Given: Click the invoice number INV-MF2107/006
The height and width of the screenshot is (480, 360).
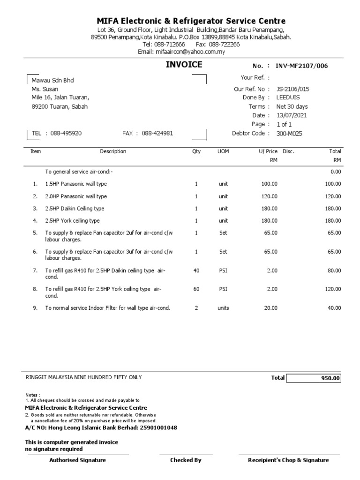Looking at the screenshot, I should click(x=302, y=66).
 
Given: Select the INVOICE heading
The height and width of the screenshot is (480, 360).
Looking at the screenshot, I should click(x=184, y=65).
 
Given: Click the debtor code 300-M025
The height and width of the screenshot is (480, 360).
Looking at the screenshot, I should click(x=289, y=134).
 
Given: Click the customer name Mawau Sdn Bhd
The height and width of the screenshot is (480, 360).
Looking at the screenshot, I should click(x=52, y=81).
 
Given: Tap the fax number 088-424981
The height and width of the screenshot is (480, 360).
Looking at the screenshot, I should click(x=157, y=133).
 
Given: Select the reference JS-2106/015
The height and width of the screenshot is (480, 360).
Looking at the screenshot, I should click(x=293, y=89).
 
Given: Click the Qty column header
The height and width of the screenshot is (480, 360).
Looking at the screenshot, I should click(x=196, y=151).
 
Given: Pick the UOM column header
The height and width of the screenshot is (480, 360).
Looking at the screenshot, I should click(x=223, y=151).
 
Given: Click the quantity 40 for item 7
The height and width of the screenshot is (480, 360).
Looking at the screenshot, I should click(x=196, y=270).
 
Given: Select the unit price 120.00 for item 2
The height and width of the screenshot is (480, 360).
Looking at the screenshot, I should click(x=269, y=196).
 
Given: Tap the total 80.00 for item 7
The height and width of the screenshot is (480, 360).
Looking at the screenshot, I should click(x=334, y=270).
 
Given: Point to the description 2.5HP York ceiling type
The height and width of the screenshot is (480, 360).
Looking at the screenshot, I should click(x=72, y=221).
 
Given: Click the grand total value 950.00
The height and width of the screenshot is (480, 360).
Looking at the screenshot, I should click(x=330, y=378).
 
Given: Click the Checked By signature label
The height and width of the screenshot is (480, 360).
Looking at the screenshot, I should click(x=186, y=460).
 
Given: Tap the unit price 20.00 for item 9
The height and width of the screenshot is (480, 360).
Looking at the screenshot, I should click(x=270, y=308).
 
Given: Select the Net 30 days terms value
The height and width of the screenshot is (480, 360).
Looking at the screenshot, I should click(x=292, y=106).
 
